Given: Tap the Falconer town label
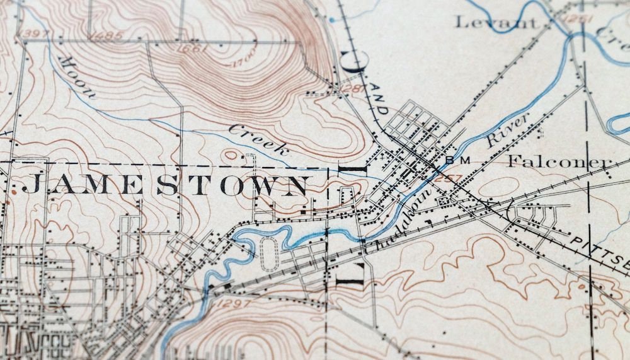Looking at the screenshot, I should tap(559, 161).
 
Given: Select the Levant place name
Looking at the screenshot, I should tap(497, 23).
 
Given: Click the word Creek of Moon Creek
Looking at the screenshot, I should tap(259, 141).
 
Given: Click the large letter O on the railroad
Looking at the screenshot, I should tap(352, 61).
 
